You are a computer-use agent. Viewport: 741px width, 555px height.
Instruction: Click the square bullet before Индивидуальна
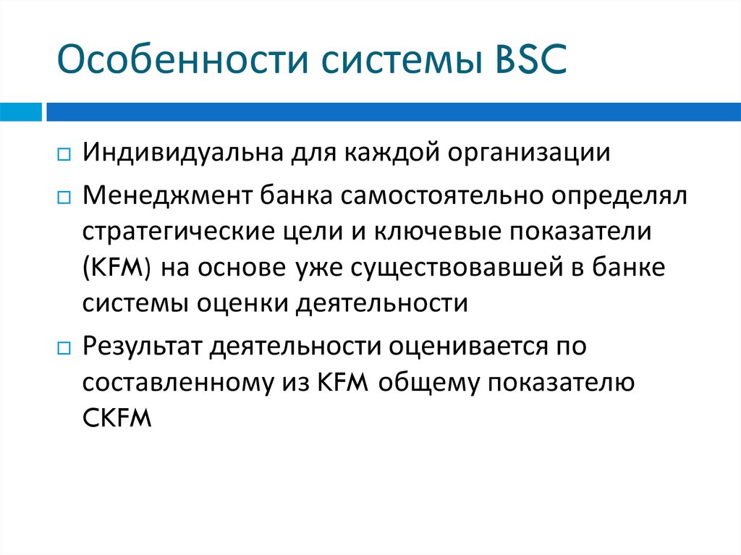(64, 155)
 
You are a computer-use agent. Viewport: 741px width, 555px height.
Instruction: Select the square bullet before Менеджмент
(64, 196)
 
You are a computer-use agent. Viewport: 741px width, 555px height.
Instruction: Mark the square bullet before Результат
(64, 347)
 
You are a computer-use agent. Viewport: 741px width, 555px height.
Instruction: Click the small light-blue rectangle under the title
(20, 112)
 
